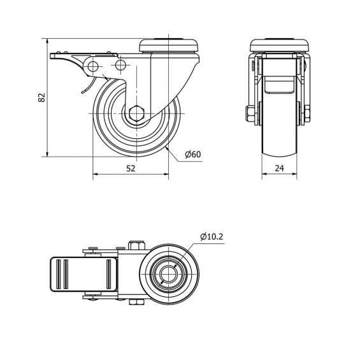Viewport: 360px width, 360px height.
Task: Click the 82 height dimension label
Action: coord(42,97)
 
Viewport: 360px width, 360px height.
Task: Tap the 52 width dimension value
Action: coord(131,168)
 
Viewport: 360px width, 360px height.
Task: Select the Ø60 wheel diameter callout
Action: coord(193,154)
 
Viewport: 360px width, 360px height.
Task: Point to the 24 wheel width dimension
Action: coord(279,168)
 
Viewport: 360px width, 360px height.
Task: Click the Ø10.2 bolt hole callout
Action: coord(212,236)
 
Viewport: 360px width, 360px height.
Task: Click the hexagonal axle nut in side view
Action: coord(136,113)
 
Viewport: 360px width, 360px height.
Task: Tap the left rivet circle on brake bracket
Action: coord(93,67)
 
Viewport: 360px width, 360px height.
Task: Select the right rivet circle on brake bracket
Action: coord(120,66)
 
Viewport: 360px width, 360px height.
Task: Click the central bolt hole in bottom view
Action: coord(168,275)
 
